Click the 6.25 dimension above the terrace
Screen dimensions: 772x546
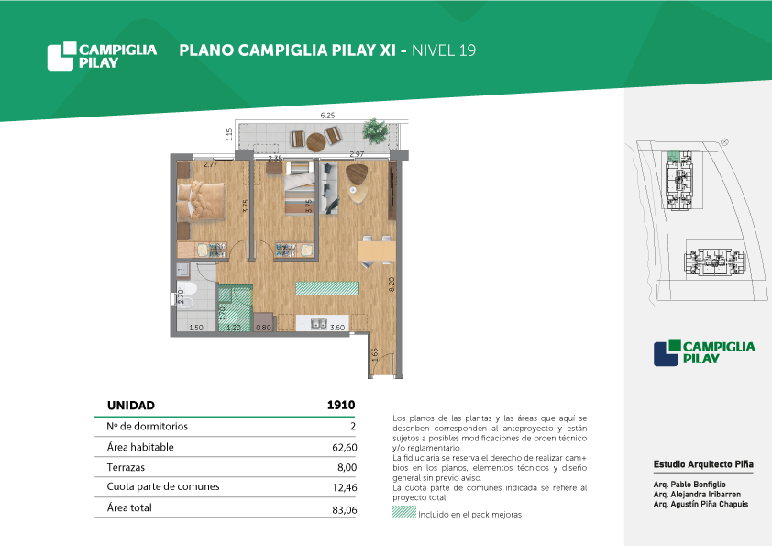pyautogui.click(x=327, y=116)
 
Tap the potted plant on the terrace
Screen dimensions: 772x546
pyautogui.click(x=375, y=130)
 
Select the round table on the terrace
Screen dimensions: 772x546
pyautogui.click(x=316, y=142)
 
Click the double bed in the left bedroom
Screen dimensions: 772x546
pyautogui.click(x=201, y=201)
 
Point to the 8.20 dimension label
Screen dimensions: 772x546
pyautogui.click(x=392, y=284)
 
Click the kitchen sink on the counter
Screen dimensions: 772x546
pyautogui.click(x=318, y=324)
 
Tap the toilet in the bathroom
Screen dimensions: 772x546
pyautogui.click(x=188, y=295)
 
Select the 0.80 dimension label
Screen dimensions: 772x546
pyautogui.click(x=263, y=328)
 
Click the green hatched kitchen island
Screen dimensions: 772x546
pyautogui.click(x=327, y=288)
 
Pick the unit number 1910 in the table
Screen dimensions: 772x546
pyautogui.click(x=341, y=405)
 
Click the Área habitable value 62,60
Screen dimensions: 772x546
pyautogui.click(x=345, y=448)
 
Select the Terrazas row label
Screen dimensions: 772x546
pyautogui.click(x=126, y=467)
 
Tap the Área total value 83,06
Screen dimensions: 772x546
pyautogui.click(x=345, y=510)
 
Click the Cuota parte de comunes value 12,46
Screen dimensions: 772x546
pyautogui.click(x=345, y=487)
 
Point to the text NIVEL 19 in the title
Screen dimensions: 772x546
pyautogui.click(x=444, y=50)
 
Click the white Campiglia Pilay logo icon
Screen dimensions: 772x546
pyautogui.click(x=61, y=56)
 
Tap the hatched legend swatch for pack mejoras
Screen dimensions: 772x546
pyautogui.click(x=404, y=512)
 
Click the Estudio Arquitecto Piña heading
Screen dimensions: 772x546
pyautogui.click(x=703, y=464)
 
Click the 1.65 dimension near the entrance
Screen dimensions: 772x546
pyautogui.click(x=375, y=354)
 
